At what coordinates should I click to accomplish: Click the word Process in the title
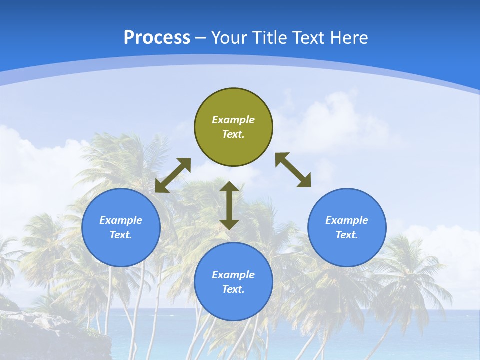[x=157, y=38]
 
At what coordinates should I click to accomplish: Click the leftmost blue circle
[x=121, y=227]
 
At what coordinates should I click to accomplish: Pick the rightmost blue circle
[x=347, y=227]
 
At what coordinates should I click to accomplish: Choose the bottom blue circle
[x=233, y=282]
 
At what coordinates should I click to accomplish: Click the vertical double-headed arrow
[x=229, y=205]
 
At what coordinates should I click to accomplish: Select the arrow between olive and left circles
[x=173, y=175]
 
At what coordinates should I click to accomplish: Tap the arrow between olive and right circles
[x=293, y=170]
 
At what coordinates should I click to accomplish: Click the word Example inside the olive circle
[x=233, y=120]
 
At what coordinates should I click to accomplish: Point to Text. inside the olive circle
[x=233, y=134]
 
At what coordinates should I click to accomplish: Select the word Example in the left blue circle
[x=121, y=220]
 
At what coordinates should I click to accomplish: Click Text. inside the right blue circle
[x=347, y=235]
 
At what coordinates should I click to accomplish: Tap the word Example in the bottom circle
[x=233, y=275]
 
